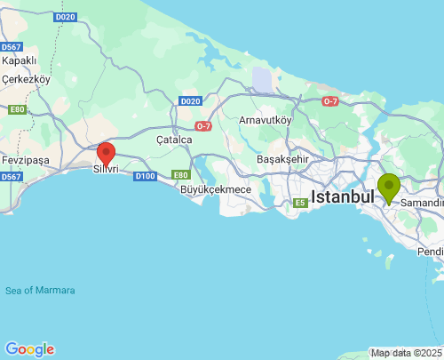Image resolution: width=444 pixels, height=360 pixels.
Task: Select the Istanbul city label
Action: (342, 196)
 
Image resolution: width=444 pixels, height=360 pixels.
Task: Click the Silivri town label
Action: (106, 168)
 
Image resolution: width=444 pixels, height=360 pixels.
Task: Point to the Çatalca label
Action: (174, 140)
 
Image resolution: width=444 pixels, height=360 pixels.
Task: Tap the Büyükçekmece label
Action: (215, 189)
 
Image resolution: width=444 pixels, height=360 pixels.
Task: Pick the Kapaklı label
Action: (19, 60)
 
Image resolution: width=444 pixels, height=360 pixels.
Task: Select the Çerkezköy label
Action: (27, 78)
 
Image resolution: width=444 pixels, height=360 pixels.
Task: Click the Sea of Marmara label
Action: (40, 291)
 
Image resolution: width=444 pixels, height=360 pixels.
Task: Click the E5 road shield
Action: (301, 204)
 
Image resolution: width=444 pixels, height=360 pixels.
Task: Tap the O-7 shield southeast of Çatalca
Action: (202, 126)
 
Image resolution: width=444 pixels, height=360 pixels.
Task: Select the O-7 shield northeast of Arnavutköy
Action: (330, 101)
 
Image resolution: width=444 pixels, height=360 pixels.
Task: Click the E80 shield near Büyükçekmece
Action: (181, 175)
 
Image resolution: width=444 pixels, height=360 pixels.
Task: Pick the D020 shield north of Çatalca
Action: (190, 101)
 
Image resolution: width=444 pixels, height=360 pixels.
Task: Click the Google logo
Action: (29, 349)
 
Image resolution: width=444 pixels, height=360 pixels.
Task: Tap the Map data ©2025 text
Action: (405, 353)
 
